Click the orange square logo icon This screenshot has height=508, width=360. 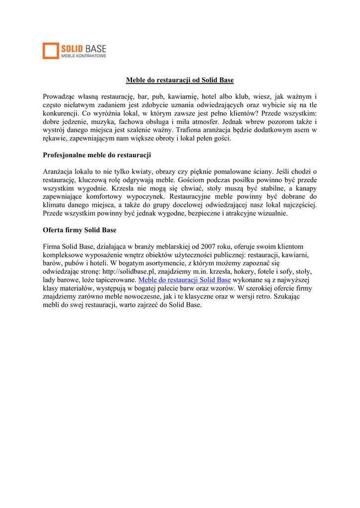tap(51, 51)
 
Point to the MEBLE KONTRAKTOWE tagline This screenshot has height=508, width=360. tap(83, 57)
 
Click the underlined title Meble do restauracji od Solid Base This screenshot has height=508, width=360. tap(179, 80)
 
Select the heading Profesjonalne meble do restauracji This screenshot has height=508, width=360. tap(97, 155)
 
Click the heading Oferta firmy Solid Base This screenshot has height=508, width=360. tap(79, 230)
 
